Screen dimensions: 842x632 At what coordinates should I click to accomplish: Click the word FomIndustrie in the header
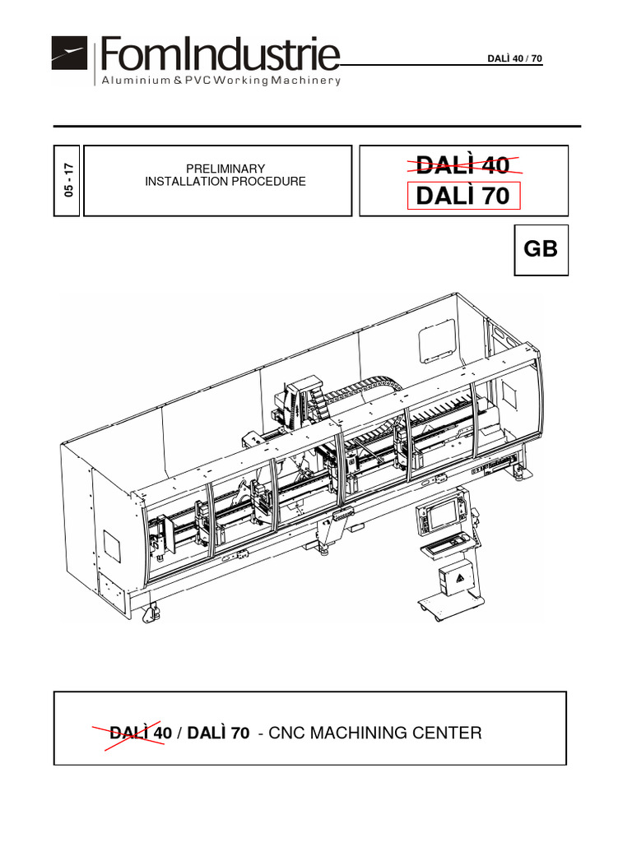219,56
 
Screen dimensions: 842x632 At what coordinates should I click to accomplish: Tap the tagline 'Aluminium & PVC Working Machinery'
220,81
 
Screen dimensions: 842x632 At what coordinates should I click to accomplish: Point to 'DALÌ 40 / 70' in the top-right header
515,58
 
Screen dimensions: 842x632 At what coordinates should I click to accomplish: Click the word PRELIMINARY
225,169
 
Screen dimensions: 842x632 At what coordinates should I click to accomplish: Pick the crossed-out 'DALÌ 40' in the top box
463,165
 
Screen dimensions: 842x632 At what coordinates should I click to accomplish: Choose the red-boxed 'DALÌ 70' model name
463,196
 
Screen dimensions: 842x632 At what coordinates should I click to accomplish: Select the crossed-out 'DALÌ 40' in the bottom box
140,732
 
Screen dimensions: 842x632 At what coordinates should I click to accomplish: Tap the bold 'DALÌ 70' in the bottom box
218,732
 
